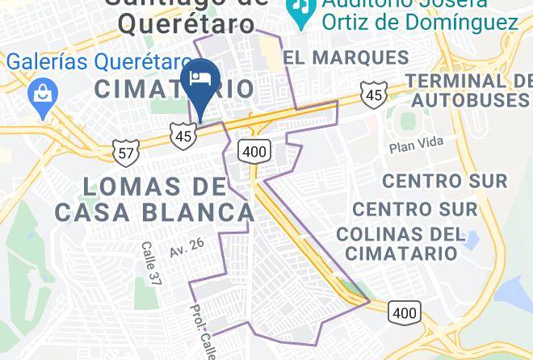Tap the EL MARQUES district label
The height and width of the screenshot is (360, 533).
[346, 57]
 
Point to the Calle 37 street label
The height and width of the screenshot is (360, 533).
[150, 263]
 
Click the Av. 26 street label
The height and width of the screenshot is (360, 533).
[187, 247]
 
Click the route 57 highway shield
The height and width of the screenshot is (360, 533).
[127, 151]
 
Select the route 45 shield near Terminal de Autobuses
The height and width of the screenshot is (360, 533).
[372, 94]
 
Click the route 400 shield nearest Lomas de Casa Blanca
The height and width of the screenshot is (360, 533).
[254, 150]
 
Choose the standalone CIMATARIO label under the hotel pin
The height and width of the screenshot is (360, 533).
[174, 89]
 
